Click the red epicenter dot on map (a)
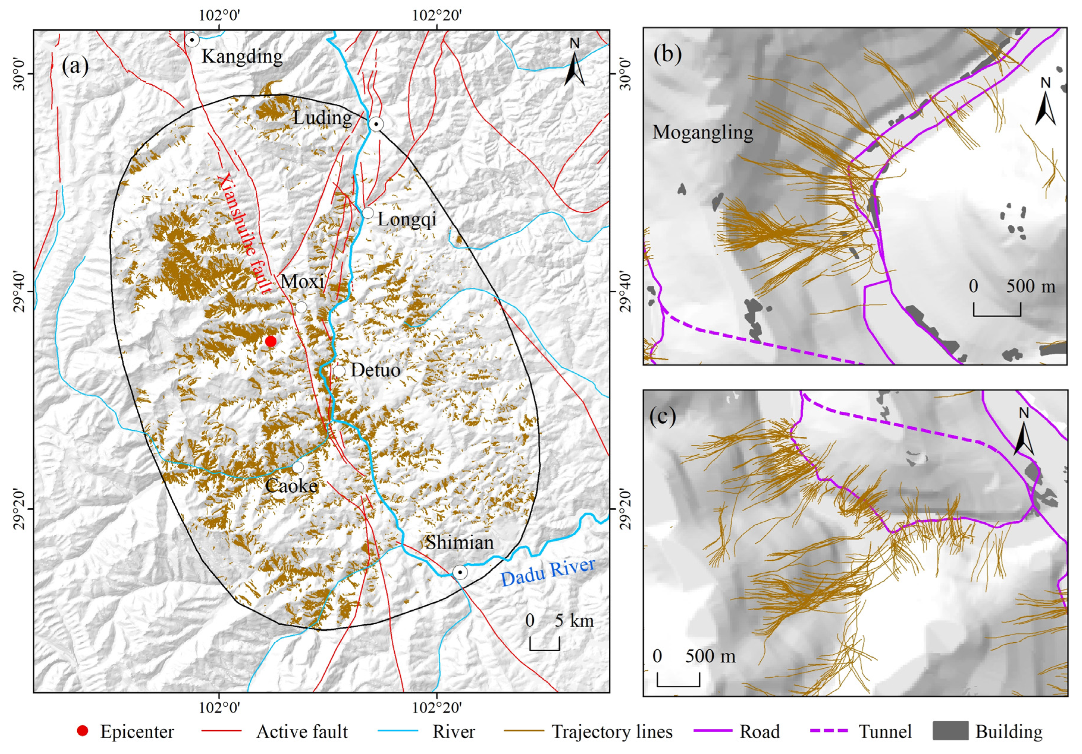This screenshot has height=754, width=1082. [x=270, y=341]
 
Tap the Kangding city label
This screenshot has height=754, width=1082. [x=242, y=57]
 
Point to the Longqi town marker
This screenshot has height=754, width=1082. [x=368, y=213]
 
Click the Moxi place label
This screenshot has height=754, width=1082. [x=303, y=282]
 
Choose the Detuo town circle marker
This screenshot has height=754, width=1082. [x=339, y=371]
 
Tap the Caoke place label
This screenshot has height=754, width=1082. [x=291, y=486]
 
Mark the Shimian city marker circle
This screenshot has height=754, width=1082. [x=460, y=573]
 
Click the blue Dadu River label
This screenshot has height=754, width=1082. [x=548, y=572]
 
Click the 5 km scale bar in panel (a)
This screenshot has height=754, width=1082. [x=545, y=644]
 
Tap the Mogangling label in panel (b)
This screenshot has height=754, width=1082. [x=703, y=132]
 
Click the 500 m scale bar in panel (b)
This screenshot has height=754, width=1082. [x=997, y=310]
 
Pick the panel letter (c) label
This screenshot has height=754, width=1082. [x=663, y=416]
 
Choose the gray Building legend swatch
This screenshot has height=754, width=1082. [x=951, y=731]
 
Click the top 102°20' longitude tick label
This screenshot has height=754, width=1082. [x=437, y=16]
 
